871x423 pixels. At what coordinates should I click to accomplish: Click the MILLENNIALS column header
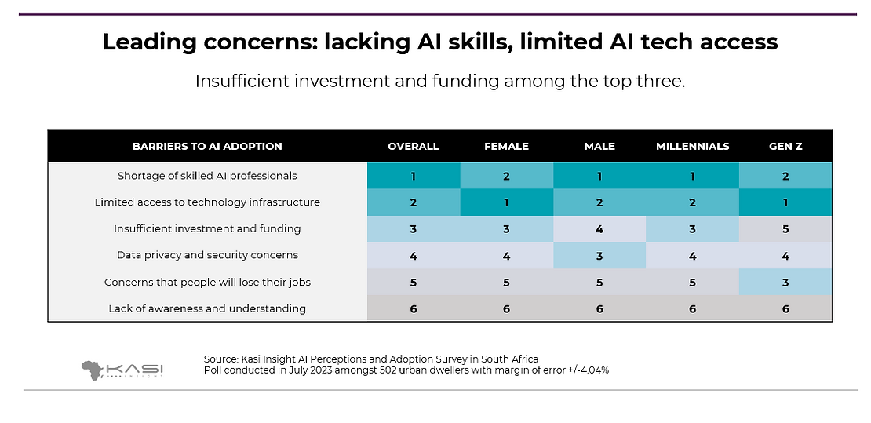[692, 147]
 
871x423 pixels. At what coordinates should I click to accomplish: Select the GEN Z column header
[785, 147]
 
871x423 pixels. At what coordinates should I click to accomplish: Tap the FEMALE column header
[506, 147]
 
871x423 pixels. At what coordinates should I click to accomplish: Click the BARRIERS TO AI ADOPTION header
[207, 147]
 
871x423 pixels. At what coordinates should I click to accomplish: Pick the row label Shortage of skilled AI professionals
[207, 176]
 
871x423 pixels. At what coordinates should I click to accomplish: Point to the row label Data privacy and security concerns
[207, 255]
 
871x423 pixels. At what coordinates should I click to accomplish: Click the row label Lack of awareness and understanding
[207, 308]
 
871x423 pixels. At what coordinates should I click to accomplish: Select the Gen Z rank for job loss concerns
[785, 282]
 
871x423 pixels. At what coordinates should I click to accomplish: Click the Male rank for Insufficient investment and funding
[599, 229]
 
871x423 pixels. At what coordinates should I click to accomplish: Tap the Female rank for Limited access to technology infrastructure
[506, 202]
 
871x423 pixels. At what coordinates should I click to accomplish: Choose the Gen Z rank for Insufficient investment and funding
[785, 229]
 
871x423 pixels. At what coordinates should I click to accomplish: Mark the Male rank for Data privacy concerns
[599, 255]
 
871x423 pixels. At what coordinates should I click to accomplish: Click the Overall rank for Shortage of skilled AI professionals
[414, 176]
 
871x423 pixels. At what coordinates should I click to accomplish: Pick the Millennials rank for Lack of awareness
[692, 308]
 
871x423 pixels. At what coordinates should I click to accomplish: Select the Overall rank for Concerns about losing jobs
[414, 282]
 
